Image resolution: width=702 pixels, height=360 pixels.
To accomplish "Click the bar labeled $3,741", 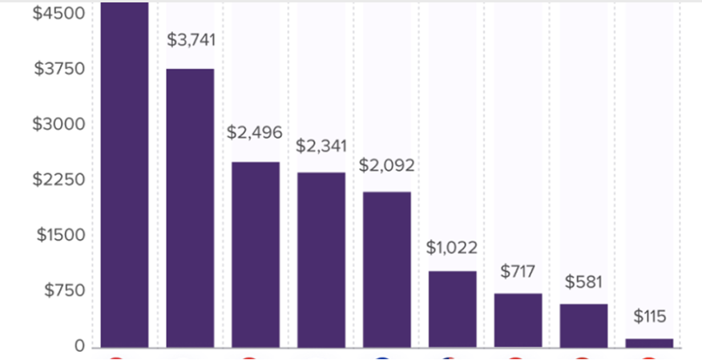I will coord(190,208).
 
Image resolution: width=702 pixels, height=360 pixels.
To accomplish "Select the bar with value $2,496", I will coord(256,254).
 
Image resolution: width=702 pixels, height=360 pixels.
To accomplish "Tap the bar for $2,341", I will coord(321,260).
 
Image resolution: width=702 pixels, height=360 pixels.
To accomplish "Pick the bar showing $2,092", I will coord(387,269).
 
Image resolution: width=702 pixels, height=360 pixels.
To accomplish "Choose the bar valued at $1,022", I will coord(453,309).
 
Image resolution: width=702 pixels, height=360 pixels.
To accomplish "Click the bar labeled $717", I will coord(518,320).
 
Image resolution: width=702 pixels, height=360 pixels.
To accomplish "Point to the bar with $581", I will coord(583,326).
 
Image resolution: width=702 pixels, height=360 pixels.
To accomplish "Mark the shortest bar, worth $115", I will coord(649,343).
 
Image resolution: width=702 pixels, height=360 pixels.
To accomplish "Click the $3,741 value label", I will coord(190,39).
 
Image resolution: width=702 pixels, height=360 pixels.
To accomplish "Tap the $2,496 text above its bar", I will coord(255,132).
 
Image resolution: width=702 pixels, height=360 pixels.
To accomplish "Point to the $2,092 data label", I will coord(387,166).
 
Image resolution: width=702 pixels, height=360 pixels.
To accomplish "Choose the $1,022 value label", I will coord(452,248).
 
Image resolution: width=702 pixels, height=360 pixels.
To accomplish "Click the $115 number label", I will coord(649,317).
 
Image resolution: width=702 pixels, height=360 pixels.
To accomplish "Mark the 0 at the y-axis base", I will coord(79,346).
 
